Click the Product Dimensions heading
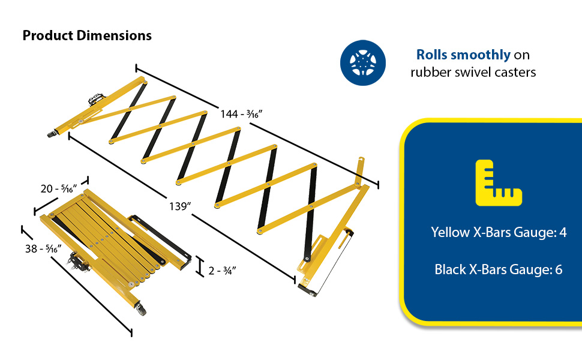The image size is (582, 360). coord(87,35)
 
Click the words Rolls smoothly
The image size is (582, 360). coord(463,55)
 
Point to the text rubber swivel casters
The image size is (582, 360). coord(473,72)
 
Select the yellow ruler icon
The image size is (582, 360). coord(498,183)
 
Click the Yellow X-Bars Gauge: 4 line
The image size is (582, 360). coord(499,232)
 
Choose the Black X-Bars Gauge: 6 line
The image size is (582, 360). coord(499,269)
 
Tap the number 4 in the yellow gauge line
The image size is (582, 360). coord(563,232)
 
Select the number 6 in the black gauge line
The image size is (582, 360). coord(559,269)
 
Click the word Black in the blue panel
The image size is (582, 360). coord(450,269)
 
